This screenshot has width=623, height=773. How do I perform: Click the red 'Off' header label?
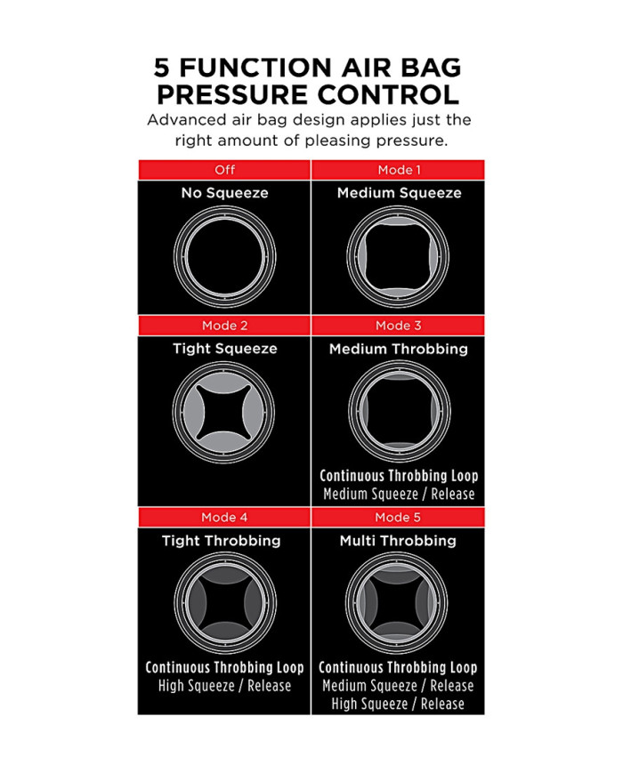tap(224, 170)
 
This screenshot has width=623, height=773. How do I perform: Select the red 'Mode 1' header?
tap(398, 170)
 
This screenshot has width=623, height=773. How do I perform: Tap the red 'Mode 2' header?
tap(224, 326)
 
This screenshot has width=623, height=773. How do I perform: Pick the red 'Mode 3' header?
tap(398, 326)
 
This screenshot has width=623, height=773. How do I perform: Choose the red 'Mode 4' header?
tap(224, 517)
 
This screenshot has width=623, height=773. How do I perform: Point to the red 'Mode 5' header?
tap(398, 517)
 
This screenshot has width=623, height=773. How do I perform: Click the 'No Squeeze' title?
tap(224, 193)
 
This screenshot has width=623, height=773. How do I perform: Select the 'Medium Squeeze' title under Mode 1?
tap(398, 193)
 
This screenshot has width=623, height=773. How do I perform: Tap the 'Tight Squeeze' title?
tap(224, 349)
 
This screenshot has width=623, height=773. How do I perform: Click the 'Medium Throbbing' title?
tap(398, 349)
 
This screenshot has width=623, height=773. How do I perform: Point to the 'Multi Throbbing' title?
tap(398, 540)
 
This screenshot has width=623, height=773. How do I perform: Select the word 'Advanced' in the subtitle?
tap(187, 120)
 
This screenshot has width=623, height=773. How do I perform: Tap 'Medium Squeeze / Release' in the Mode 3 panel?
tap(398, 495)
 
